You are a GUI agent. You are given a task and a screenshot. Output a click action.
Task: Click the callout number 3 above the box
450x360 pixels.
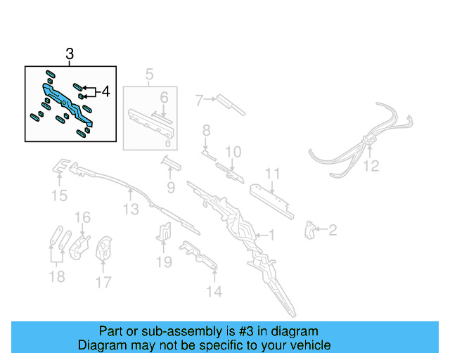tap(70, 54)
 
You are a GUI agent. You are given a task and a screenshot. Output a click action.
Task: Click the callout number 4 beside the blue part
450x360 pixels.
tap(105, 91)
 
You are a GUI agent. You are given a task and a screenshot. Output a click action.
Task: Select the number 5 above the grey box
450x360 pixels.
tap(149, 74)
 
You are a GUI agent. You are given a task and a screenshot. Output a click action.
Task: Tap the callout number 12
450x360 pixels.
tap(371, 166)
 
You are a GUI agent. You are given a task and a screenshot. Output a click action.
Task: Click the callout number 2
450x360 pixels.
tap(333, 229)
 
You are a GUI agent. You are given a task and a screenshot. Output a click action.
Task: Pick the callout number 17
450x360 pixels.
tap(103, 283)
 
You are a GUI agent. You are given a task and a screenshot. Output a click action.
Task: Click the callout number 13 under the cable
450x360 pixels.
tap(131, 209)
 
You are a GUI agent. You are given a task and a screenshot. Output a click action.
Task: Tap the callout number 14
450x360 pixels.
tap(214, 290)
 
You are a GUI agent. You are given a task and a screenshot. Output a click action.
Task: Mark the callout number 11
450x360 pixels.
tap(273, 174)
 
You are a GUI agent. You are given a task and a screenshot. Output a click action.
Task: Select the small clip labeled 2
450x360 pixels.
tap(309, 229)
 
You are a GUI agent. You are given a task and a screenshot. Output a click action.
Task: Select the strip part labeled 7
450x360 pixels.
tap(229, 103)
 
